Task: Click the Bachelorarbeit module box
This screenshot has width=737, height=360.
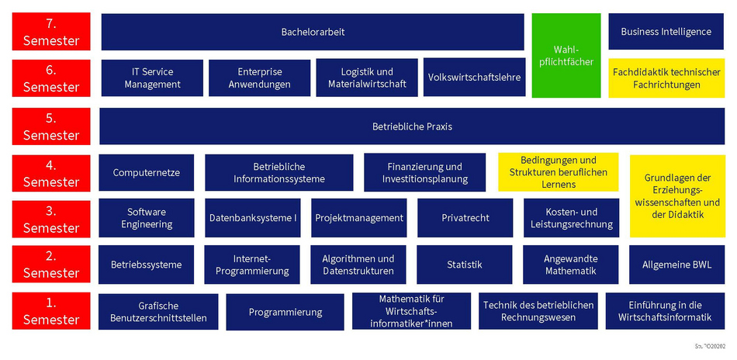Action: click(x=313, y=32)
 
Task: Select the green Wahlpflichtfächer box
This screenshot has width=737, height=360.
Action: click(x=566, y=55)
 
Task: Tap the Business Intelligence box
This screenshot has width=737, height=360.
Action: click(x=666, y=32)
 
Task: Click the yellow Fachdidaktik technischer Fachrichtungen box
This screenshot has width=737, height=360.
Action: click(x=666, y=78)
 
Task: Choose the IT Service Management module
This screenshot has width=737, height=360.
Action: click(x=152, y=78)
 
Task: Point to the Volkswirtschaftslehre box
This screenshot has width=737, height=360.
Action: click(x=474, y=78)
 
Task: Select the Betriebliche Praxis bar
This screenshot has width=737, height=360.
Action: click(x=412, y=126)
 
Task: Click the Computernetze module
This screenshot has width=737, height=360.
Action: click(x=146, y=172)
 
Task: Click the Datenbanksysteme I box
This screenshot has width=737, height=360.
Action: click(x=253, y=218)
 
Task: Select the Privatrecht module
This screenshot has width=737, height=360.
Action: click(x=465, y=218)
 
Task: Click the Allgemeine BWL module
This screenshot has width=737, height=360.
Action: click(x=676, y=265)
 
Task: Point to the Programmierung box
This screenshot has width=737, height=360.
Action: click(x=285, y=312)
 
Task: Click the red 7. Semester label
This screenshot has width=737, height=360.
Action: click(x=51, y=32)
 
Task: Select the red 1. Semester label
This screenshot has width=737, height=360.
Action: click(x=51, y=312)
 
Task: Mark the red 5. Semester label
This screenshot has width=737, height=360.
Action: click(x=51, y=126)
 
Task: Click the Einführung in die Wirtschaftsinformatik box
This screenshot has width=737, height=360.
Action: click(x=664, y=310)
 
